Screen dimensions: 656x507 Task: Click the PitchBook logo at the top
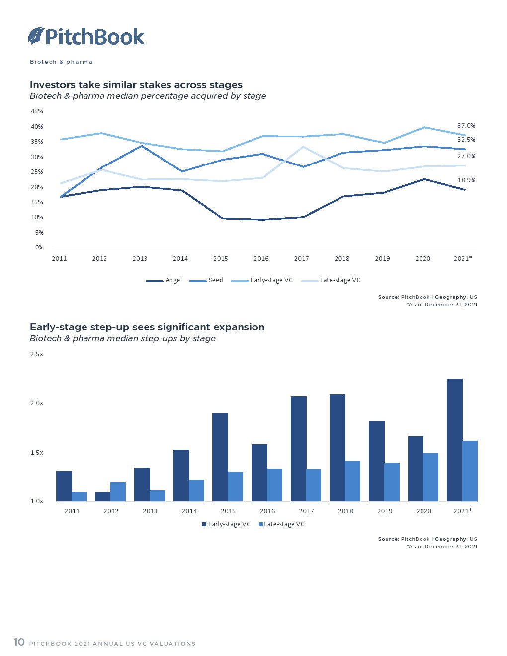point(86,36)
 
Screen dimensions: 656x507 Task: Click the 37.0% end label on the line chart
point(466,126)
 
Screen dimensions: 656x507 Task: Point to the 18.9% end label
point(466,180)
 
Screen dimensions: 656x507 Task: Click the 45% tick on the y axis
point(37,111)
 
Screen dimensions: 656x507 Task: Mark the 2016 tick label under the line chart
point(261,259)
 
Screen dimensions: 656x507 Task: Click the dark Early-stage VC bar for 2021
point(454,440)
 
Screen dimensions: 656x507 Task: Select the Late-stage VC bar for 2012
point(118,492)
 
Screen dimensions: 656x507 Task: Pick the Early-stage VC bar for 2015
point(220,457)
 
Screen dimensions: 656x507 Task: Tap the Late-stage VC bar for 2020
point(430,477)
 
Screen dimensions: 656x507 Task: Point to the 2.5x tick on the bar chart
point(37,354)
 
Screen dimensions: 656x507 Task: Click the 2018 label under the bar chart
point(345,511)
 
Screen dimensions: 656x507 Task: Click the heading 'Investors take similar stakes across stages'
point(136,85)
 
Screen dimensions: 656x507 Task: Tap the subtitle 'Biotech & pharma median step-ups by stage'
point(123,338)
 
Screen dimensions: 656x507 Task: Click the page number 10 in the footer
point(19,642)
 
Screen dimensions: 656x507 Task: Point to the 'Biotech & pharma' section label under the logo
point(61,62)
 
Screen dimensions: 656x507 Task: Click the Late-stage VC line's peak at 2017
point(303,147)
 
